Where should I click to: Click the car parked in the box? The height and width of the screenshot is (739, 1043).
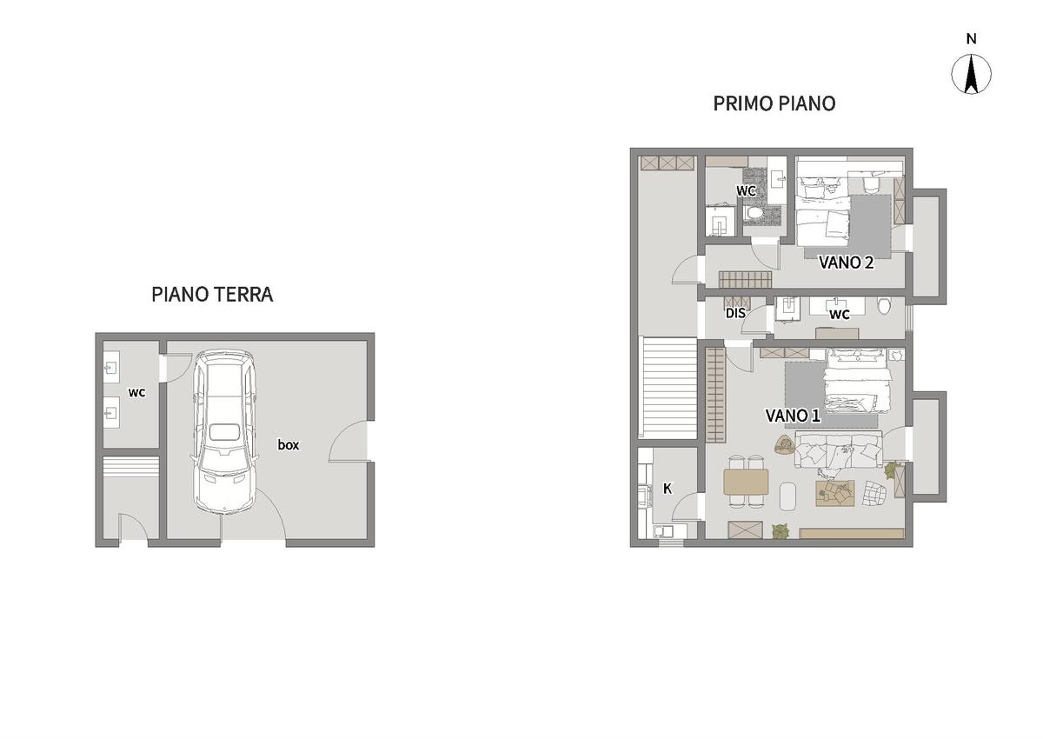click(x=224, y=431)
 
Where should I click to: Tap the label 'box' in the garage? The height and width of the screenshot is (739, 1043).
click(x=289, y=444)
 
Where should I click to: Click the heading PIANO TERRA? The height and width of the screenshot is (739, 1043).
click(x=212, y=295)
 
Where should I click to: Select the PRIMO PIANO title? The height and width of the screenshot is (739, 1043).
click(x=774, y=103)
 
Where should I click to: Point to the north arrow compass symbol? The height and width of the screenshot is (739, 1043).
click(x=971, y=75)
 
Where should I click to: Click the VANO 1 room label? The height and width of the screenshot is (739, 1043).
click(x=793, y=416)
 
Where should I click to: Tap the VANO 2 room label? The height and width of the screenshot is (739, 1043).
click(x=846, y=263)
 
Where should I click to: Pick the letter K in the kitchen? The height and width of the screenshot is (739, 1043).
click(x=668, y=489)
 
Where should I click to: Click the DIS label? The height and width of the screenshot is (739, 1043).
click(x=735, y=313)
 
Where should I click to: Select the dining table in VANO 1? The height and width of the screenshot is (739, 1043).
click(x=746, y=482)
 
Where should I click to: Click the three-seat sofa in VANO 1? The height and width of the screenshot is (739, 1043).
click(x=838, y=449)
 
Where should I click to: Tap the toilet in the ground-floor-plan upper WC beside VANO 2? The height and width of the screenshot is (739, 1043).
click(x=753, y=213)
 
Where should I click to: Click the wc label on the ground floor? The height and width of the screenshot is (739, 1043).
click(x=137, y=393)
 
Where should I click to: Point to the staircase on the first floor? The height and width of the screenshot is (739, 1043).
click(x=668, y=387)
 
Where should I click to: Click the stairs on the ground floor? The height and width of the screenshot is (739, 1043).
click(x=131, y=466)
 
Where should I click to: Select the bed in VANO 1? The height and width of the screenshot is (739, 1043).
click(x=858, y=381)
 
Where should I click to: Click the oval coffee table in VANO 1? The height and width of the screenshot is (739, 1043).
click(x=787, y=496)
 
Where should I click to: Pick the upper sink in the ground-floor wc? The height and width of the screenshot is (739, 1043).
click(x=111, y=368)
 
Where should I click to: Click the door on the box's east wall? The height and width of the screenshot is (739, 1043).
click(x=349, y=441)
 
